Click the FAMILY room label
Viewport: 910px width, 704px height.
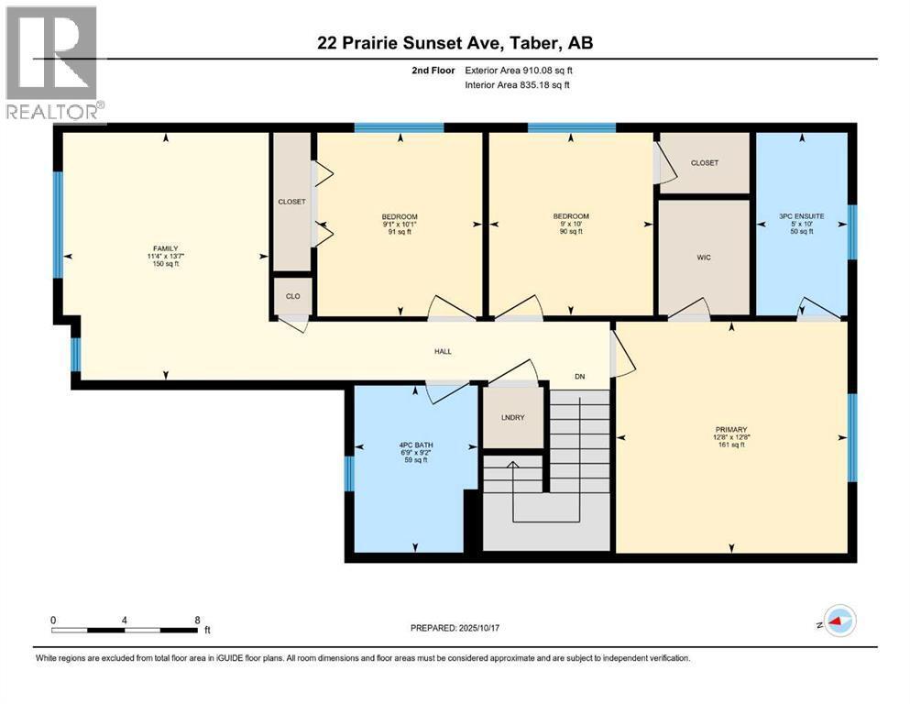coord(165,247)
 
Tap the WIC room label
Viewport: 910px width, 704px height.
coord(704,258)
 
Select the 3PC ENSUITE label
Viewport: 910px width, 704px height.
coord(801,216)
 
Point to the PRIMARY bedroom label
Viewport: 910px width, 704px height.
coord(731,429)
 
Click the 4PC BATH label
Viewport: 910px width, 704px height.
coord(403,445)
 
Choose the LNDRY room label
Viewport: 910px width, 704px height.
coord(513,418)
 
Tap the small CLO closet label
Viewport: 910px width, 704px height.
coord(291,296)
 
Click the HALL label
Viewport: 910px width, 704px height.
coord(443,351)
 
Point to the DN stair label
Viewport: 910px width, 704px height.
coord(579,377)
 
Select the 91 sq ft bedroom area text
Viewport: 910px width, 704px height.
coord(400,233)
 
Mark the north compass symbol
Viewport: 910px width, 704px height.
coord(837,622)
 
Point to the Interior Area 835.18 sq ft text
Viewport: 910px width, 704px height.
coord(518,85)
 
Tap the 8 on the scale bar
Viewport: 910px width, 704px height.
coord(197,621)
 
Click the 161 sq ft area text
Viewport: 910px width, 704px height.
coord(731,445)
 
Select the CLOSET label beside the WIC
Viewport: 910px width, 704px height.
coord(705,163)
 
